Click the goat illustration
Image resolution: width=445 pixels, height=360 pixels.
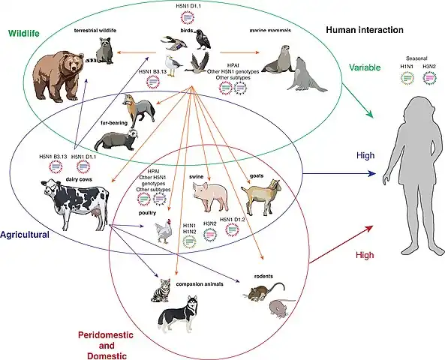click(x=260, y=198)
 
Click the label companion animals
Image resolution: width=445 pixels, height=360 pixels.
click(x=201, y=286)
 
